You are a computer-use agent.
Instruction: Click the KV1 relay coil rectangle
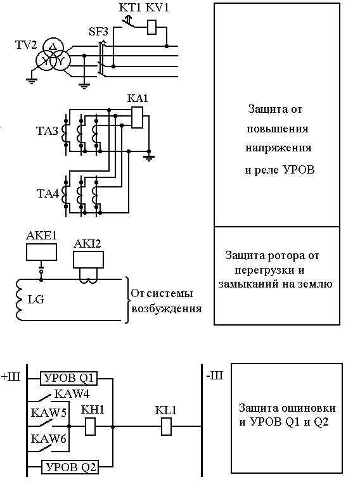(x=151, y=27)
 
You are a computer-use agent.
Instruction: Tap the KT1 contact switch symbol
(x=127, y=23)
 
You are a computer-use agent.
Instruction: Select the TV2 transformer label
(x=26, y=45)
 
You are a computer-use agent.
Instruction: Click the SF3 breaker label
(x=98, y=32)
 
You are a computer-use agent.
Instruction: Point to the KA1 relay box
(x=137, y=117)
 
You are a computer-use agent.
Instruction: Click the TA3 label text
(x=47, y=131)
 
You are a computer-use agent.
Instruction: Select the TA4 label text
(x=48, y=194)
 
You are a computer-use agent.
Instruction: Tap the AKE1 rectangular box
(x=41, y=252)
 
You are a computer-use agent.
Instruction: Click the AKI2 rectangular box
(x=88, y=260)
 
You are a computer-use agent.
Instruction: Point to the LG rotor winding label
(x=35, y=299)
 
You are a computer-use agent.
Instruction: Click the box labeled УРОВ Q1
(x=68, y=378)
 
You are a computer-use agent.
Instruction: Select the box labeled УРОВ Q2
(x=70, y=467)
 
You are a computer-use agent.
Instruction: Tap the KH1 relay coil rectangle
(x=90, y=426)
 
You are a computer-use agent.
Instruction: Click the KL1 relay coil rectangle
(x=167, y=426)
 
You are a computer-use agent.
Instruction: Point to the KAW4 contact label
(x=72, y=394)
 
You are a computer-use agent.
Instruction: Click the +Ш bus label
(x=11, y=377)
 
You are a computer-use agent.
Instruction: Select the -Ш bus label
(x=214, y=376)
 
